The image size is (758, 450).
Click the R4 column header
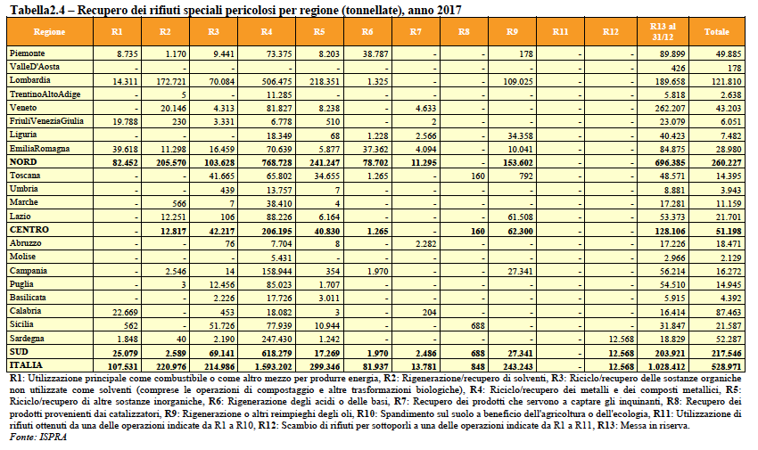pos(267,32)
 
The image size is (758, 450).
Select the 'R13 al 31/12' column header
pos(663,31)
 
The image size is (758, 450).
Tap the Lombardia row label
pos(30,80)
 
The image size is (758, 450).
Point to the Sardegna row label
pos(27,339)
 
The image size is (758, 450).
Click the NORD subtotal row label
pos(23,162)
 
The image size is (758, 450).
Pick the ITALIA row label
pos(26,365)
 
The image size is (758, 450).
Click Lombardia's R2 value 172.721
pos(170,82)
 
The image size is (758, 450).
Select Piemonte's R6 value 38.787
pos(375,54)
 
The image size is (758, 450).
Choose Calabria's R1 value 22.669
pos(125,313)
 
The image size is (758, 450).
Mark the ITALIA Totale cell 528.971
pos(727,367)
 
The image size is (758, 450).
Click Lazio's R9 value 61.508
pos(520,217)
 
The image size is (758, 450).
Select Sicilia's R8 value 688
pos(478,326)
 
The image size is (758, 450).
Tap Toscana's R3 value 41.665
pos(222,176)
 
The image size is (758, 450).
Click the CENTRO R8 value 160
pos(478,232)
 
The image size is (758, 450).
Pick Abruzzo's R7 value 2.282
pos(425,244)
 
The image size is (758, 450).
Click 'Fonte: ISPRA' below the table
pos(37,438)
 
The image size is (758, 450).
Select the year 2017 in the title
pos(450,10)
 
